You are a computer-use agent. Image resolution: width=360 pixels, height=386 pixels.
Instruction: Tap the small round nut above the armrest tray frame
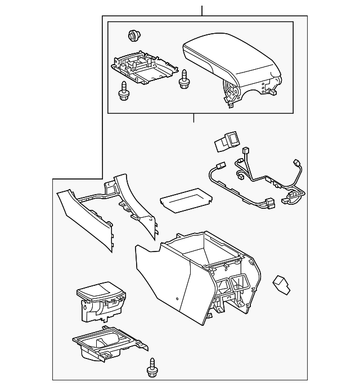tap(134, 35)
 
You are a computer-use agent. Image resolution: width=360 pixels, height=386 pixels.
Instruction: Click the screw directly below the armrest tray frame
tap(124, 91)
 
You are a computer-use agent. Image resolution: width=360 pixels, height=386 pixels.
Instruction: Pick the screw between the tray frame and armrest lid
tap(183, 80)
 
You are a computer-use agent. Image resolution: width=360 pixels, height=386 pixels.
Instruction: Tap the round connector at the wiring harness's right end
tap(292, 196)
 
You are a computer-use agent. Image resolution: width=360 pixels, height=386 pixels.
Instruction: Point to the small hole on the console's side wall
tap(178, 299)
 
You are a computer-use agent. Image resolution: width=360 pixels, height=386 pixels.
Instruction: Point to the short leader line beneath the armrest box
tap(193, 118)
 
